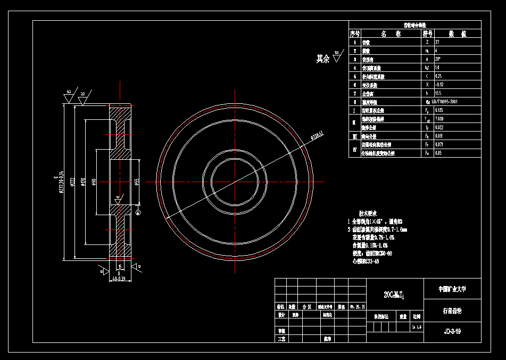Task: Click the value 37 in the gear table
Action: coord(437,42)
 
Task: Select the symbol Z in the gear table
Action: coord(427,42)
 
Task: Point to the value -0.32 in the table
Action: coord(439,85)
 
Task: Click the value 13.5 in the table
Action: coord(438,93)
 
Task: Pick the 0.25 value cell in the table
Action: coord(438,76)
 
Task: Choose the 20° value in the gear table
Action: coord(438,59)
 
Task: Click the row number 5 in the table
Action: coord(354,76)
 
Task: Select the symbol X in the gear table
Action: coord(427,85)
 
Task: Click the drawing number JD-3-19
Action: coord(452,331)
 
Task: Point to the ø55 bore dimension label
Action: coord(137,182)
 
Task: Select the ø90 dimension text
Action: coord(94,182)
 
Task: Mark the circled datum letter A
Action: coord(138,212)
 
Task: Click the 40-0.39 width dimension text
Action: coord(119,279)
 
